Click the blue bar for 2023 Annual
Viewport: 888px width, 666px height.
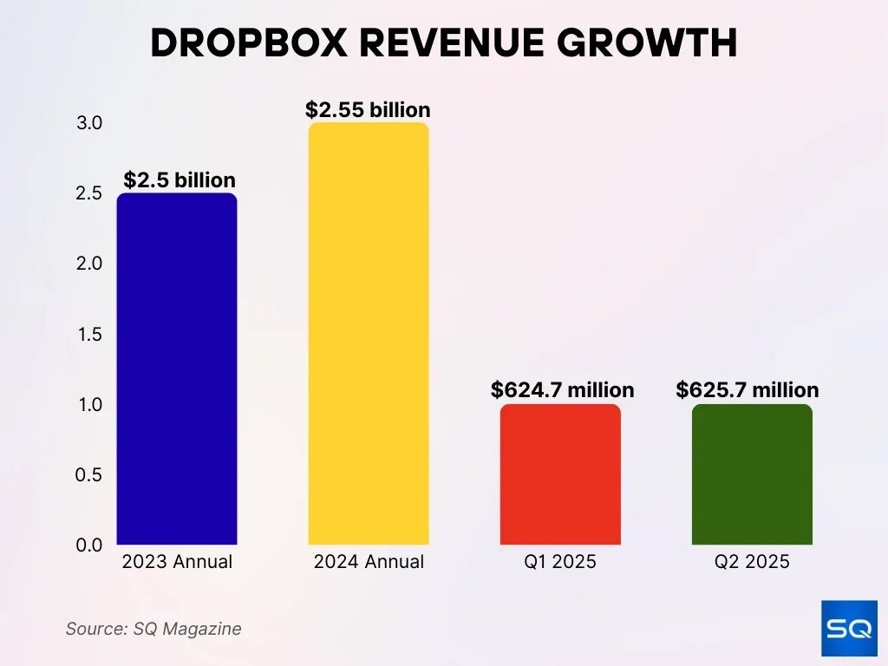click(x=177, y=369)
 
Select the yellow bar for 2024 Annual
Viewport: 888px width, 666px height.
click(x=369, y=334)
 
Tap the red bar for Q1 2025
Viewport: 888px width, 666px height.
click(x=560, y=474)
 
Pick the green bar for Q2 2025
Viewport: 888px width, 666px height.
click(x=752, y=474)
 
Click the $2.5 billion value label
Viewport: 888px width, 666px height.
click(x=180, y=180)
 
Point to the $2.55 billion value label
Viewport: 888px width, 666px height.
click(x=368, y=110)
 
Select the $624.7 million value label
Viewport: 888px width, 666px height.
click(x=562, y=390)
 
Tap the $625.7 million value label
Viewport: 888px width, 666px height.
click(x=748, y=390)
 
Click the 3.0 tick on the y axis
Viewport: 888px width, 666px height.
click(x=89, y=123)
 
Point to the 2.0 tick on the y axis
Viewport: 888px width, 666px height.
click(x=89, y=264)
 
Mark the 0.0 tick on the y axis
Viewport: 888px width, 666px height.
click(x=89, y=545)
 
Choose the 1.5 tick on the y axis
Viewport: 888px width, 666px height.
click(x=89, y=334)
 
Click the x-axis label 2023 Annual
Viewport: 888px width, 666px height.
click(x=177, y=562)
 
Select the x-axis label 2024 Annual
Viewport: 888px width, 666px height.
click(x=369, y=562)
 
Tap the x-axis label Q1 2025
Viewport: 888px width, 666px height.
click(x=560, y=562)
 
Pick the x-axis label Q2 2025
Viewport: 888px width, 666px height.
click(x=752, y=562)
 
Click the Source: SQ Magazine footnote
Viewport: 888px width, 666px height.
click(x=153, y=629)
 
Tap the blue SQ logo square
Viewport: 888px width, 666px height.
click(x=848, y=628)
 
